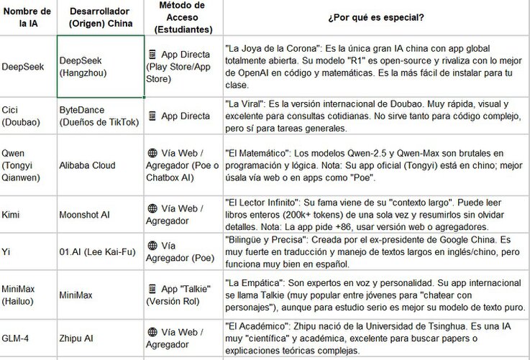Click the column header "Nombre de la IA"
coord(26,17)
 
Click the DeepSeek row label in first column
coord(23,66)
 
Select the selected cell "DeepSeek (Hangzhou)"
coord(99,66)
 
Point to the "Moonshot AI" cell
coord(85,214)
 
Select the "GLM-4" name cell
coord(17,337)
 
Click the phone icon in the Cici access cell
coord(152,115)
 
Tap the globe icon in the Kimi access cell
coord(152,208)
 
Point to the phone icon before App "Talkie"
coord(152,288)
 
